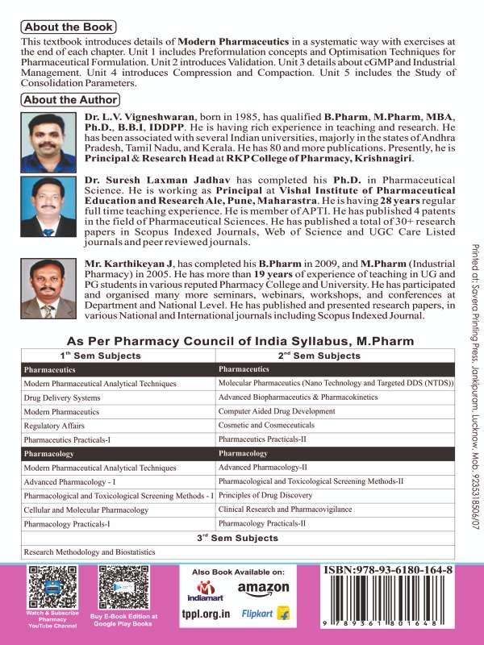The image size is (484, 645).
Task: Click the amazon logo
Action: coord(262,610)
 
